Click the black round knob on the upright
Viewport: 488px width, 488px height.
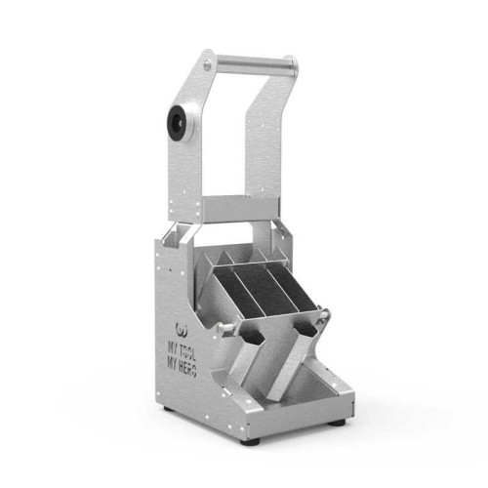pos(178,122)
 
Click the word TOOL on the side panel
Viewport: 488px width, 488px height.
pos(186,351)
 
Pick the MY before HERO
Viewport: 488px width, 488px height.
pos(173,364)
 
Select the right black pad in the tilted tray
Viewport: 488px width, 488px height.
pos(290,283)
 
